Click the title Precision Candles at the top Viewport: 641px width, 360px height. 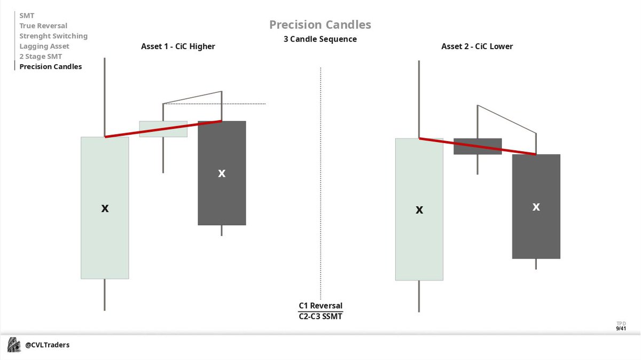click(320, 25)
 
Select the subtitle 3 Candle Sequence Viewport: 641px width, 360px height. click(320, 39)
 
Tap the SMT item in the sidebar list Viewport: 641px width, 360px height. click(27, 15)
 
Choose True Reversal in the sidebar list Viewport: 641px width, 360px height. click(43, 26)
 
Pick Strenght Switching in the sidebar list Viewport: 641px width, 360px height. click(53, 36)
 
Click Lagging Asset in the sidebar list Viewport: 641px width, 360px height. click(44, 46)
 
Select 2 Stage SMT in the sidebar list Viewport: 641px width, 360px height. click(41, 57)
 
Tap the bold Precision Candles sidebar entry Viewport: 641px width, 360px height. click(51, 67)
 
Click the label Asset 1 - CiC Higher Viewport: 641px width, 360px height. click(178, 46)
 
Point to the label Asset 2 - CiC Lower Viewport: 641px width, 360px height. click(477, 46)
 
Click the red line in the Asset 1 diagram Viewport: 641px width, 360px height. click(163, 129)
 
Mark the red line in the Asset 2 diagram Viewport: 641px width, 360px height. click(478, 146)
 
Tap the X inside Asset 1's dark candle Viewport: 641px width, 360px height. click(222, 173)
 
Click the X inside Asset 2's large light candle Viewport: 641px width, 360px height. click(419, 210)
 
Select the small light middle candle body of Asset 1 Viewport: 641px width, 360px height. click(163, 129)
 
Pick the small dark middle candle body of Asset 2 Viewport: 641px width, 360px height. click(478, 146)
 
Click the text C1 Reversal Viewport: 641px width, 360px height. click(320, 306)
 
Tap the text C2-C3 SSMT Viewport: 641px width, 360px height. click(320, 316)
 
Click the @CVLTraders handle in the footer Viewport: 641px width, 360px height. click(48, 345)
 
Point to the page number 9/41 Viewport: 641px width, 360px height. click(621, 328)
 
